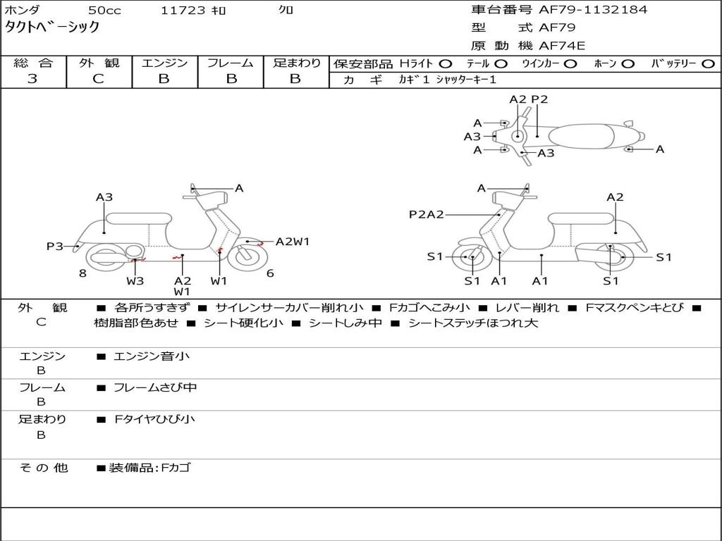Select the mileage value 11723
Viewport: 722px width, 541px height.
coord(183,11)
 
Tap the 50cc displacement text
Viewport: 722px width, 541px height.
coord(104,11)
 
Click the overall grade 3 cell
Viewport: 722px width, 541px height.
coord(32,79)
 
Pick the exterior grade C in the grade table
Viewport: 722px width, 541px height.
coord(98,79)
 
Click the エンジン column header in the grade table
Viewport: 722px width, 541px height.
coord(164,63)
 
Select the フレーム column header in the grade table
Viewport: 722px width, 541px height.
coord(231,63)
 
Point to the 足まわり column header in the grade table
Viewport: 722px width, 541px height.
coord(296,63)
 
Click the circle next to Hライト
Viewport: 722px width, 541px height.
coord(445,64)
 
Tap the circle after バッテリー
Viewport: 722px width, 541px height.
coord(708,64)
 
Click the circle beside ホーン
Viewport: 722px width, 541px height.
coord(628,64)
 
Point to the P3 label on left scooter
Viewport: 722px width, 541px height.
coord(55,246)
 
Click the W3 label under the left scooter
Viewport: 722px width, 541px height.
coord(135,281)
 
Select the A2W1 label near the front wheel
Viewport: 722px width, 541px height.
coord(292,242)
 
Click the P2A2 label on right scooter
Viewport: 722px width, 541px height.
coord(426,214)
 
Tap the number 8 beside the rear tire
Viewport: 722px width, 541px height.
coord(82,273)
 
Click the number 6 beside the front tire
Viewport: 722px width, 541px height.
coord(270,273)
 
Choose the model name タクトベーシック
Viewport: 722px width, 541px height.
coord(52,27)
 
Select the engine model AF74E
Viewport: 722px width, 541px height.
coord(562,46)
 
